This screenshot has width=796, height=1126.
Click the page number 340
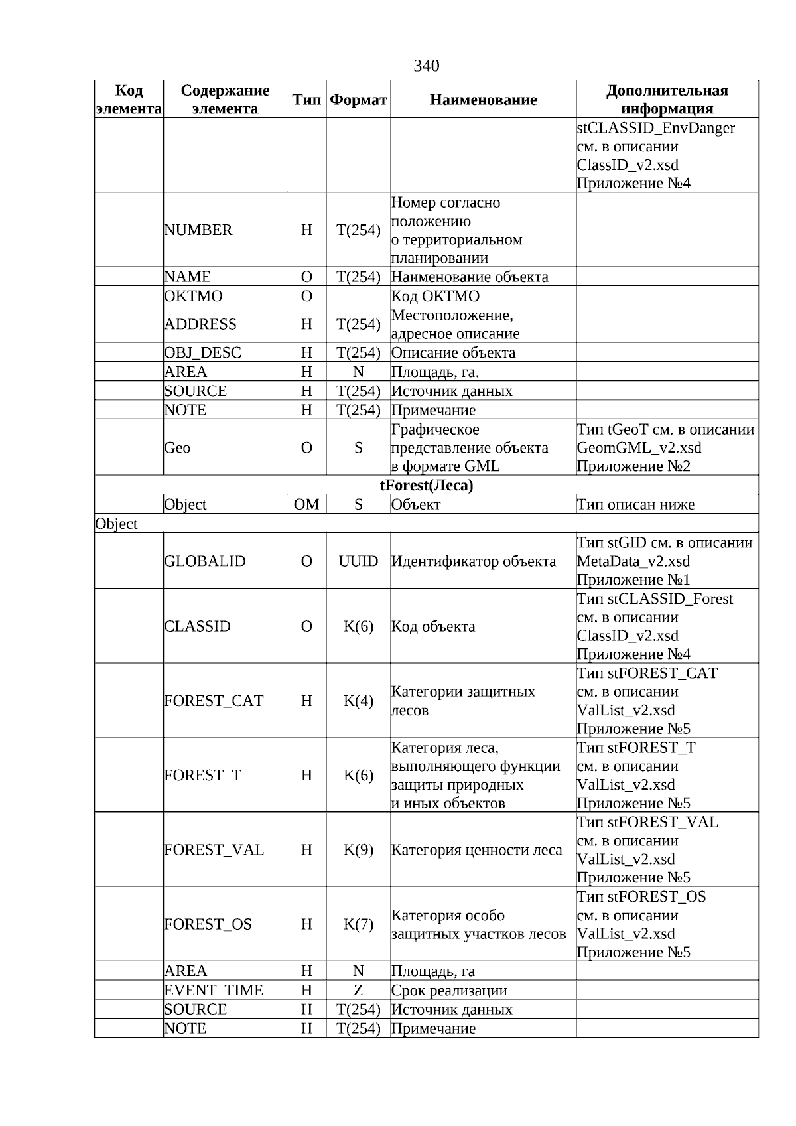coord(426,66)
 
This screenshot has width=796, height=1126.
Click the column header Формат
coord(358,100)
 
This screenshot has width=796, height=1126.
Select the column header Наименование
coord(483,100)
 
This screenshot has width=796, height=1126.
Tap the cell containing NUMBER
coord(198,230)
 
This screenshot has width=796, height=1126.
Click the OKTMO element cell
coord(194,296)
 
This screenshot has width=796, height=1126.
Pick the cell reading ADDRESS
coord(200,324)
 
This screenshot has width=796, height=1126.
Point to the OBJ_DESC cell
coord(203,353)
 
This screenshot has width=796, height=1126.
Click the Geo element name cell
coord(177,448)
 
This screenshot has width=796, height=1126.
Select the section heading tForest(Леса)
coord(427,486)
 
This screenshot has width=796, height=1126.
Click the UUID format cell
coord(358,561)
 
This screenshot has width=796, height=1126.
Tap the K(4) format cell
coord(358,701)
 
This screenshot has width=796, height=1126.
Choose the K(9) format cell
coord(358,850)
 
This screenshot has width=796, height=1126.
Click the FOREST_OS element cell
coord(208,924)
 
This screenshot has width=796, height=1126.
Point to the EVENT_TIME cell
coord(214,991)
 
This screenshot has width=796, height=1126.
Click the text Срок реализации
coord(449,991)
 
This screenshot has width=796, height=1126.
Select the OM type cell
coord(306,505)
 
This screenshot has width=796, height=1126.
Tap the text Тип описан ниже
coord(635,505)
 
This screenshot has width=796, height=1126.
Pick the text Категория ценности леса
coord(476,850)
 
